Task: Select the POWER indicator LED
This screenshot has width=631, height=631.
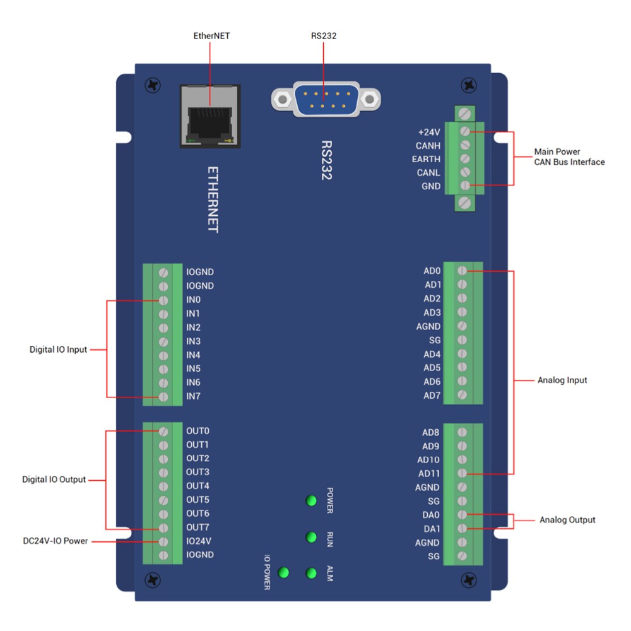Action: (310, 501)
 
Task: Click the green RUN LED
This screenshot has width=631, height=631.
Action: (310, 537)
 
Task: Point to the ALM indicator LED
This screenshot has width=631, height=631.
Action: (310, 573)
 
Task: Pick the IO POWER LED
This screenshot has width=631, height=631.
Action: (283, 572)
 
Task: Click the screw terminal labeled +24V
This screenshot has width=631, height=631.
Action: (465, 132)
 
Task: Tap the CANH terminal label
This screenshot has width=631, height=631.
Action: (428, 146)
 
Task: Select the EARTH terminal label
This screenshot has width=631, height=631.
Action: (426, 159)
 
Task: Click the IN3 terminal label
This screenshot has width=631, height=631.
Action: (193, 341)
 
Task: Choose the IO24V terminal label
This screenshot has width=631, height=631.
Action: (199, 541)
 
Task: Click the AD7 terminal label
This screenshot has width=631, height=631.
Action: (432, 396)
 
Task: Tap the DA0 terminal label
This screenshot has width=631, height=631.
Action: (432, 515)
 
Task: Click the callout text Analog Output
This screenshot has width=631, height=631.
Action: (567, 520)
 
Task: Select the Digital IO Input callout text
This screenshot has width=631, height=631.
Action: (58, 349)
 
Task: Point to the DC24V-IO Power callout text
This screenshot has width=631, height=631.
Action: (54, 541)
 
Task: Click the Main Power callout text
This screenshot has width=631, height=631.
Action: (557, 151)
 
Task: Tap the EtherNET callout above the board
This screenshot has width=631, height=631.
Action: (211, 36)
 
